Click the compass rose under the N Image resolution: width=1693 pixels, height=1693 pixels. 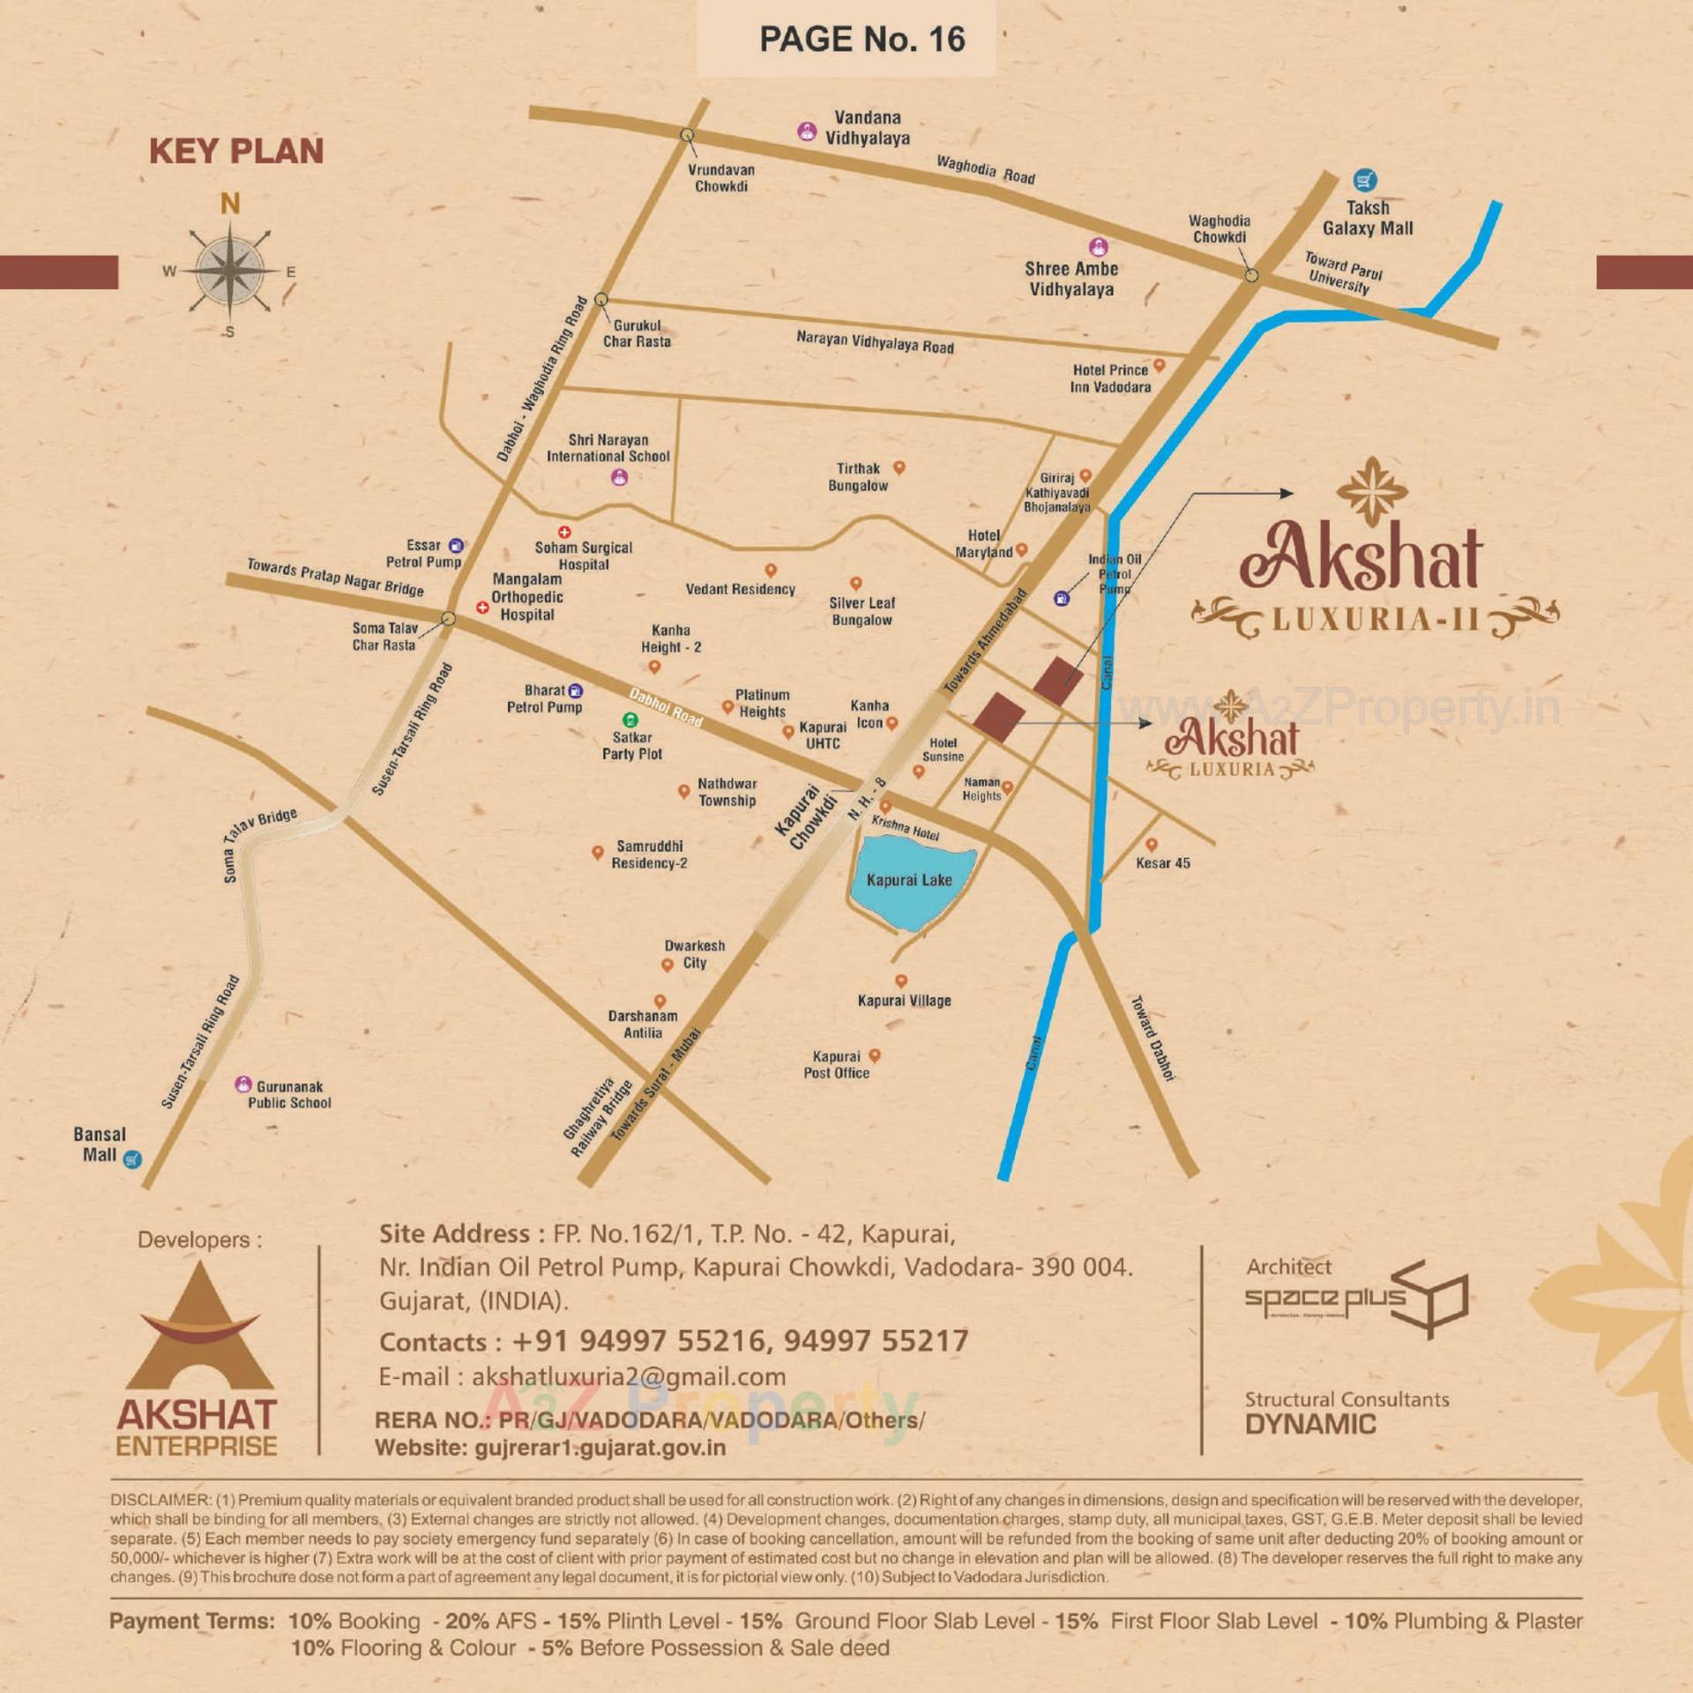(230, 271)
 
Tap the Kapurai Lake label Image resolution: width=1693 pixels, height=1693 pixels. (909, 880)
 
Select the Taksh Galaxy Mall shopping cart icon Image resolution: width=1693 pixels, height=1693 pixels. (1365, 181)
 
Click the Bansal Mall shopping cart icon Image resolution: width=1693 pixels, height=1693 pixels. (132, 1159)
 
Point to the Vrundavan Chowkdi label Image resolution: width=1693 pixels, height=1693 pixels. (720, 178)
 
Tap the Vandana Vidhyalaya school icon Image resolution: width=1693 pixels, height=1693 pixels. (806, 131)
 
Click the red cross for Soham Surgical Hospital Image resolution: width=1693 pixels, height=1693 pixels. (564, 532)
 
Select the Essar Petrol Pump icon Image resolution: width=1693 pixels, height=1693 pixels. (456, 546)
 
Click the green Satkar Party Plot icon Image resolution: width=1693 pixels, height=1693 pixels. (630, 720)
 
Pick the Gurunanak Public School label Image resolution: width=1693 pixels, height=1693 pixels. (289, 1094)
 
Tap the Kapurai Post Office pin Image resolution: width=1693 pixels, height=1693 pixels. (875, 1055)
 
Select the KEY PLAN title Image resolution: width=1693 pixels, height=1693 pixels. (236, 151)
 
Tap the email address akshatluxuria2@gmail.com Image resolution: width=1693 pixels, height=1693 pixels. (629, 1376)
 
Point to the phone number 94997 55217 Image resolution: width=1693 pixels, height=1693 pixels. (876, 1341)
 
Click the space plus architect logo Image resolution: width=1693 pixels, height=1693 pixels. (1356, 1299)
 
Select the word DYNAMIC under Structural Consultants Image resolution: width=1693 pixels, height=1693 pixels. (1309, 1424)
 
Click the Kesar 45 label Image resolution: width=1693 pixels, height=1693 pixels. (1162, 863)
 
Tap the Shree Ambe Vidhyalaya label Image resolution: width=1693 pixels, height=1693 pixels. (1071, 279)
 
